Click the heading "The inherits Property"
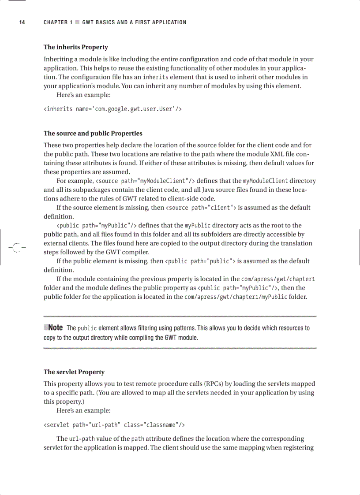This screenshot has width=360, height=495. [75, 47]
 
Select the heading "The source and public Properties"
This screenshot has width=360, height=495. [93, 133]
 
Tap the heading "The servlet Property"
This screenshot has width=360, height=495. [74, 372]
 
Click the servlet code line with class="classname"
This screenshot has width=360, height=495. [114, 425]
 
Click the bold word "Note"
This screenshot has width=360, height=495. [55, 328]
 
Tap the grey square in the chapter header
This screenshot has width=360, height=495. [77, 22]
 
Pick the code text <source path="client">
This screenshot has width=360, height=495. [201, 208]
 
